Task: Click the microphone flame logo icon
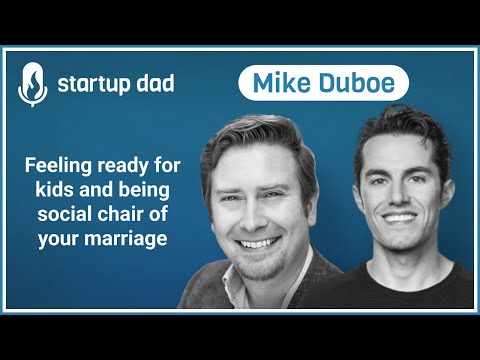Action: point(32,84)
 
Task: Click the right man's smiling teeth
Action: point(398,215)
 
